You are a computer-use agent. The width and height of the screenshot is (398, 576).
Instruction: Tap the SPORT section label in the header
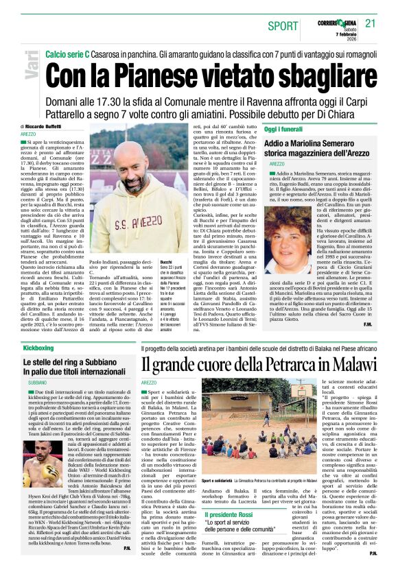[x=283, y=26]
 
